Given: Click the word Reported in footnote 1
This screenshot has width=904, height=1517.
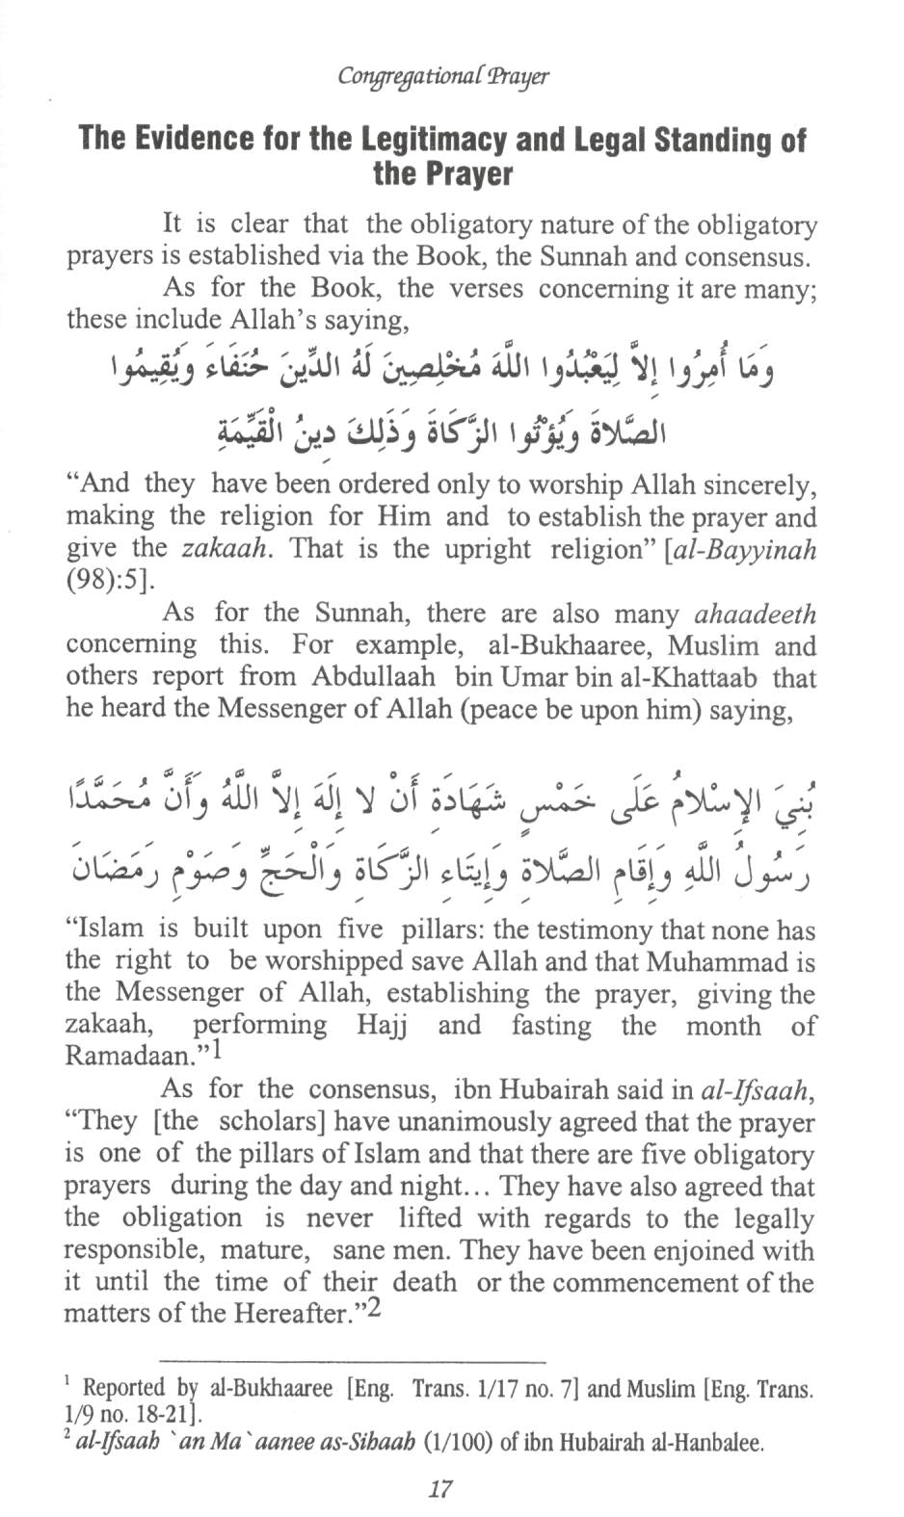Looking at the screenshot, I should pyautogui.click(x=123, y=1388).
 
